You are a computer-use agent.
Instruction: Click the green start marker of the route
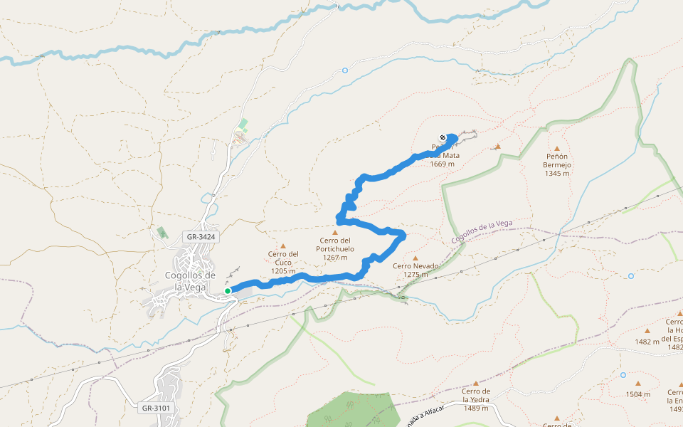click(x=228, y=290)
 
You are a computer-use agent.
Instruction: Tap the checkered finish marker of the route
click(x=443, y=138)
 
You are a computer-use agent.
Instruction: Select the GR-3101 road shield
click(x=156, y=408)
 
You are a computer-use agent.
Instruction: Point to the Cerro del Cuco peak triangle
click(x=282, y=246)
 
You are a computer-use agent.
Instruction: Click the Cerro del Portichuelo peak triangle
click(x=335, y=232)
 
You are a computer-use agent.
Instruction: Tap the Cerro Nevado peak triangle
click(x=415, y=258)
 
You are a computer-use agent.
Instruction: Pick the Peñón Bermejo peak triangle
click(x=557, y=148)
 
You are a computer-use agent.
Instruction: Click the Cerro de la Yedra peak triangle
click(x=476, y=383)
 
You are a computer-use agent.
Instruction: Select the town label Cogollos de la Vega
click(x=190, y=281)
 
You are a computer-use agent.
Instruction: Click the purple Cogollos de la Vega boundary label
click(x=482, y=233)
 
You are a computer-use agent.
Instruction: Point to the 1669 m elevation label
click(x=442, y=164)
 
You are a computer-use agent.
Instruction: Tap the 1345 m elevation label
click(x=557, y=173)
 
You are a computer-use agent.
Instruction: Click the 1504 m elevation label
click(x=637, y=394)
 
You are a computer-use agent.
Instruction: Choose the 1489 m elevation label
click(x=476, y=408)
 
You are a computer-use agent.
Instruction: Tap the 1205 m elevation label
click(x=282, y=271)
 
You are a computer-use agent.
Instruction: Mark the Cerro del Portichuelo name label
click(x=335, y=245)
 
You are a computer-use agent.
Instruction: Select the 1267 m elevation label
click(x=335, y=257)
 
